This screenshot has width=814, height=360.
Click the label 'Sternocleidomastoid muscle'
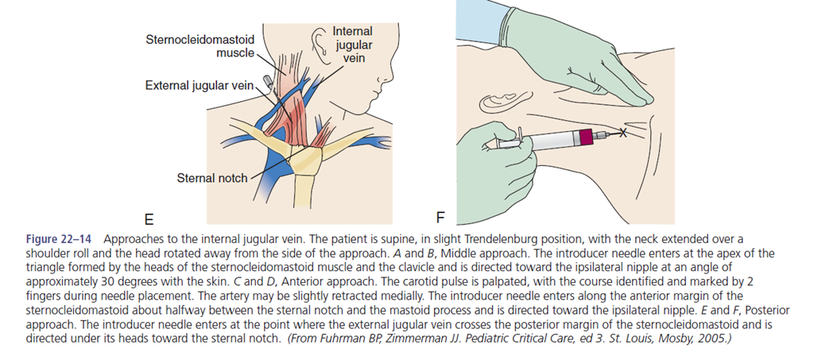click(200, 45)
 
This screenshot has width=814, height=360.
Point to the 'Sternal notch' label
click(212, 178)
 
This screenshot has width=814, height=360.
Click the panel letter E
click(149, 218)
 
